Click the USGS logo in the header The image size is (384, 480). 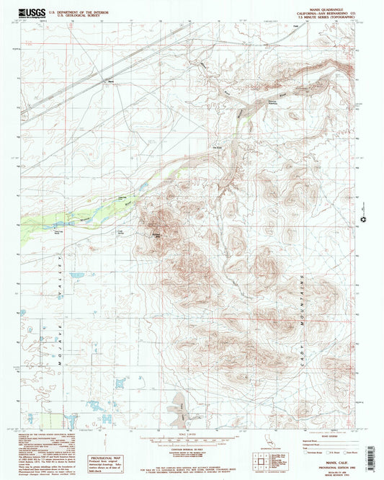tap(35, 12)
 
